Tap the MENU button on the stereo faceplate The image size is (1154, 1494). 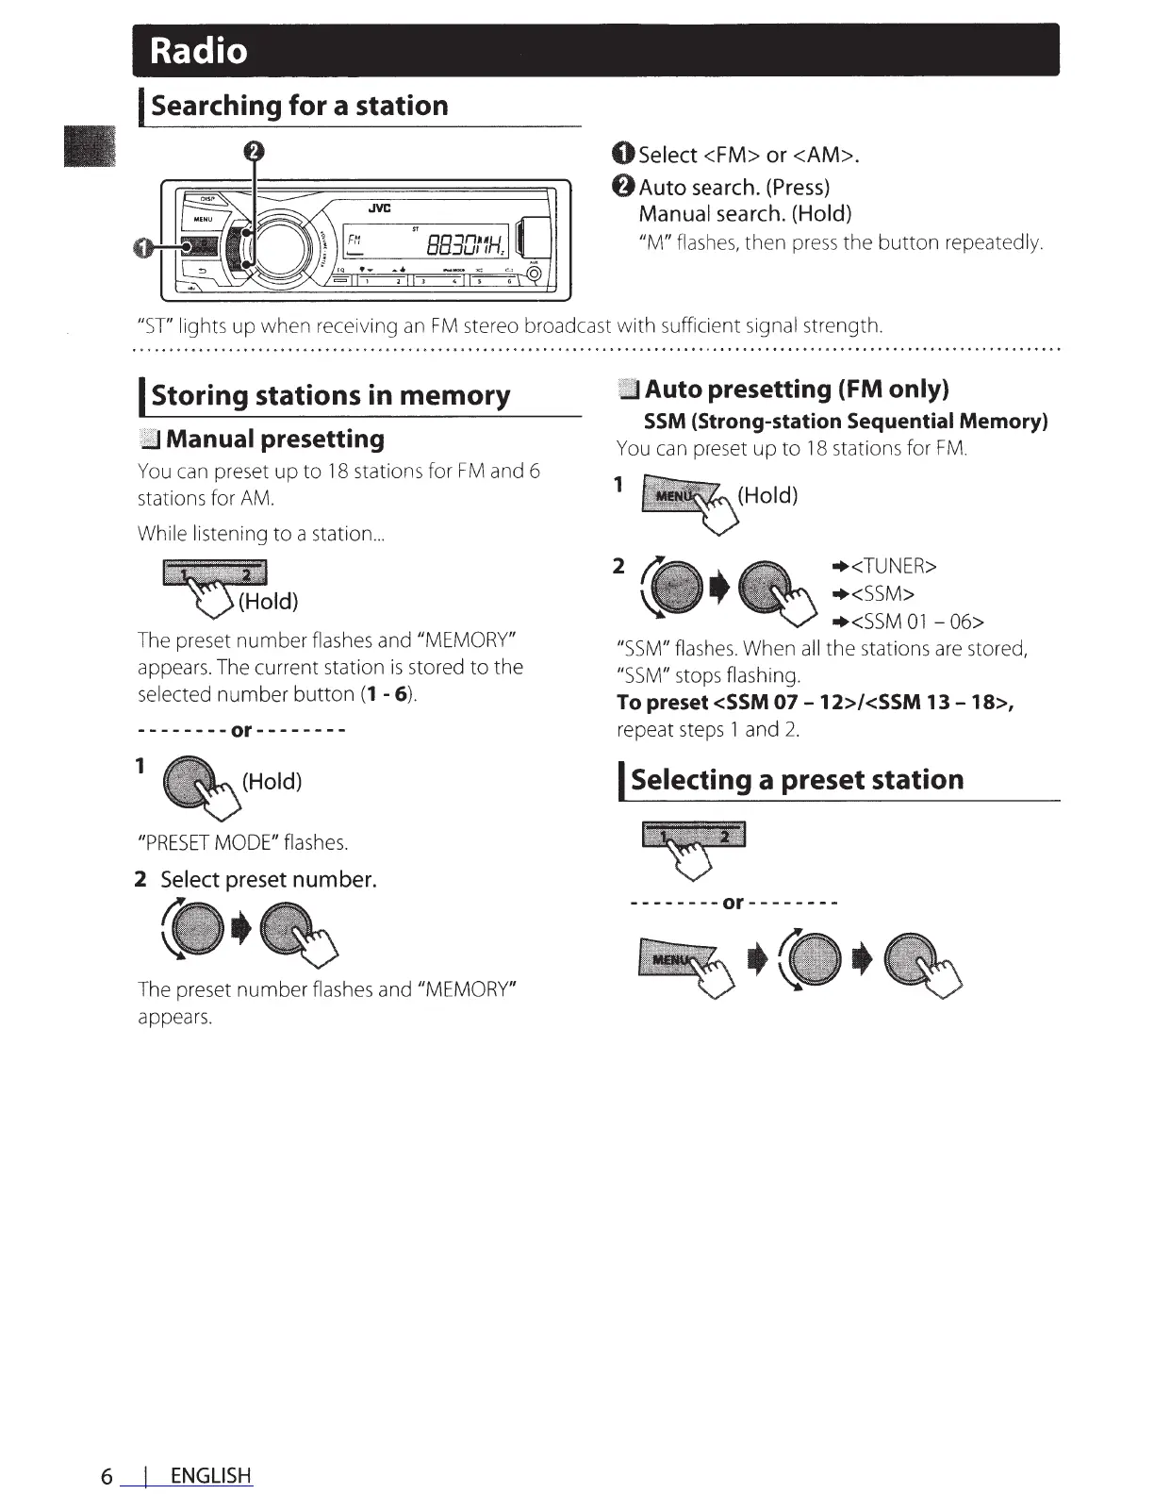pos(204,220)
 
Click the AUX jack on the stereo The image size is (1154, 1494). pos(534,274)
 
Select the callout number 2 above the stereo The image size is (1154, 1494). pos(254,151)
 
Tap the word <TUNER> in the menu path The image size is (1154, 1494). pos(892,566)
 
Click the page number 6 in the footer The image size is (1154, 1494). pos(107,1475)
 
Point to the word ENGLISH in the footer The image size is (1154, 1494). pos(211,1475)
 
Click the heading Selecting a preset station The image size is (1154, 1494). pos(797,780)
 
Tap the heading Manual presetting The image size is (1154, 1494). pos(274,440)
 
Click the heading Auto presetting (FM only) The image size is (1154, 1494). pos(796,390)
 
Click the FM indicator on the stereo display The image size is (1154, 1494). pos(354,240)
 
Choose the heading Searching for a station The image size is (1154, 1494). pos(299,106)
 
